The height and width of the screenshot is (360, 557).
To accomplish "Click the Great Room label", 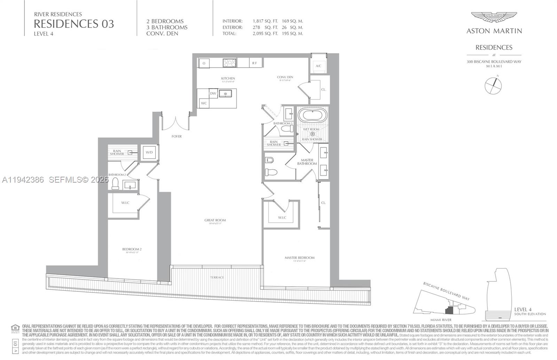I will (215, 220).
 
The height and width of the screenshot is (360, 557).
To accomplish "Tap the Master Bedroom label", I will (299, 258).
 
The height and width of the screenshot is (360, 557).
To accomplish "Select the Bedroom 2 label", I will (132, 249).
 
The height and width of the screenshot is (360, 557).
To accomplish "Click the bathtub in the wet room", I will (312, 115).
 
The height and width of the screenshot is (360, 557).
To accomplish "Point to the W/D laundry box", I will (149, 152).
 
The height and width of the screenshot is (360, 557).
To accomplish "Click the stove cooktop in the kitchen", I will (229, 63).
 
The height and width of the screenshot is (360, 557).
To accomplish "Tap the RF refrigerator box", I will (255, 63).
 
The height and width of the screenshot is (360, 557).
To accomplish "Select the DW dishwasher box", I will (213, 94).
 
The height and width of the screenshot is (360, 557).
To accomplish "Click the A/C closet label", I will (318, 66).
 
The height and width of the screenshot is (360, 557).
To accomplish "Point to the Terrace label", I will (217, 277).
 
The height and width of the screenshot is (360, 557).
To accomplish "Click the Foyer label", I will (176, 136).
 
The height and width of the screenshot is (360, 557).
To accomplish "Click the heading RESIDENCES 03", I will (73, 24).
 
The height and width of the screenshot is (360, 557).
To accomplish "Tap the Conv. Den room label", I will (285, 77).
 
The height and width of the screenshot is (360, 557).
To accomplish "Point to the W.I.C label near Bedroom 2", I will (125, 202).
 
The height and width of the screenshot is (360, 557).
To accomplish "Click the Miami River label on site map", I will (441, 320).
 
